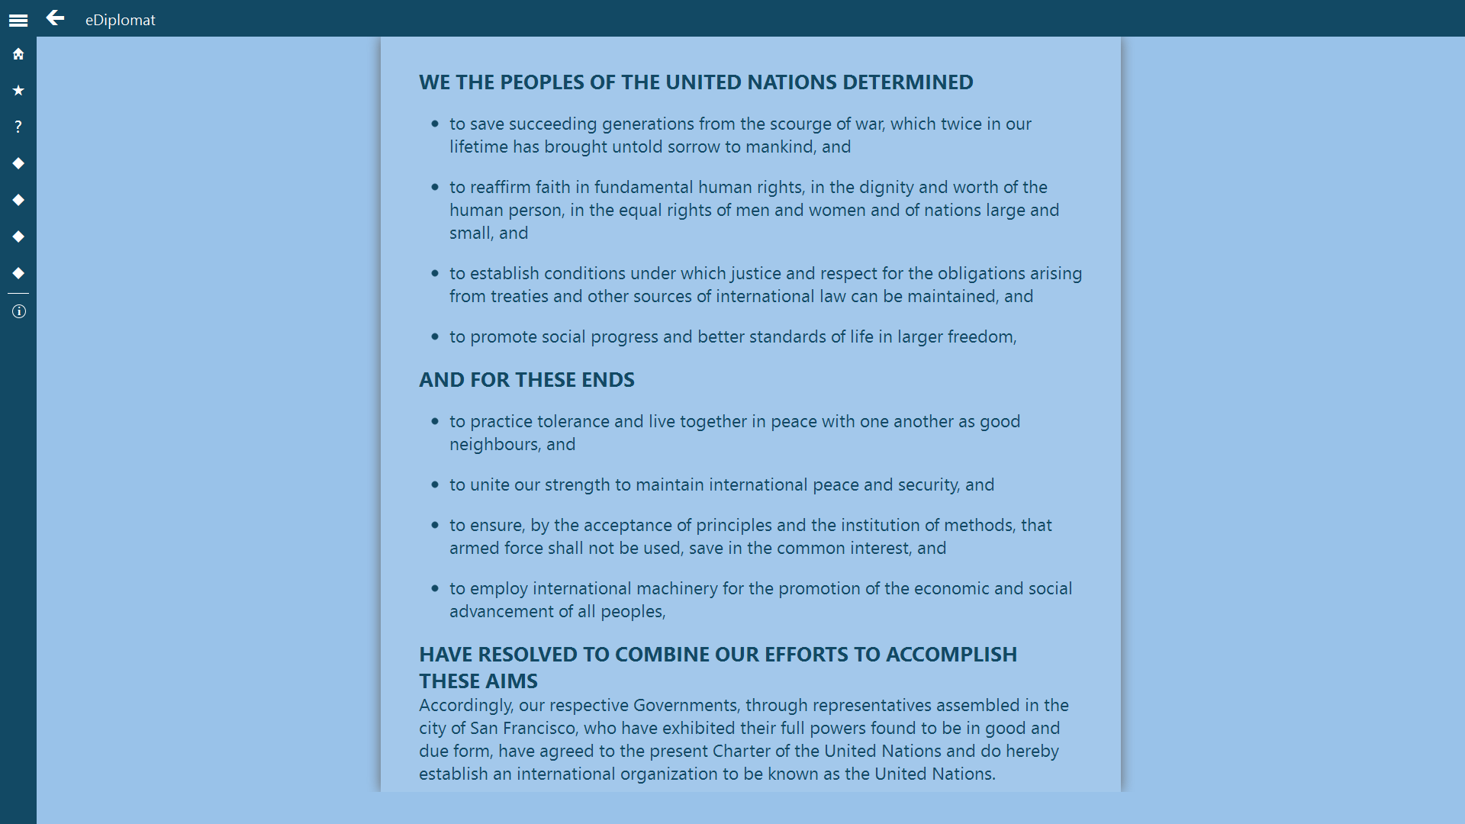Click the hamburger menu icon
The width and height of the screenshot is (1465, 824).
[x=18, y=21]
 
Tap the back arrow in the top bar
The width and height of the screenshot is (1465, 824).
[x=55, y=18]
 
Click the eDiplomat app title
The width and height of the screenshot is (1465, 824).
[x=120, y=20]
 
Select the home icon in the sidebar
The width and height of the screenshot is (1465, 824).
[x=18, y=54]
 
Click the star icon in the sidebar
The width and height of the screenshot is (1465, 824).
[x=18, y=91]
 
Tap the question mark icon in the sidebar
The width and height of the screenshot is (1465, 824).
[x=18, y=127]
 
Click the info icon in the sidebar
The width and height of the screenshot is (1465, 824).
[x=18, y=311]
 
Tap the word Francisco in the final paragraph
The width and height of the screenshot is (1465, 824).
[x=539, y=728]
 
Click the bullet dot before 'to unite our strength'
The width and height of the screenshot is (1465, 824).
[x=435, y=484]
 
